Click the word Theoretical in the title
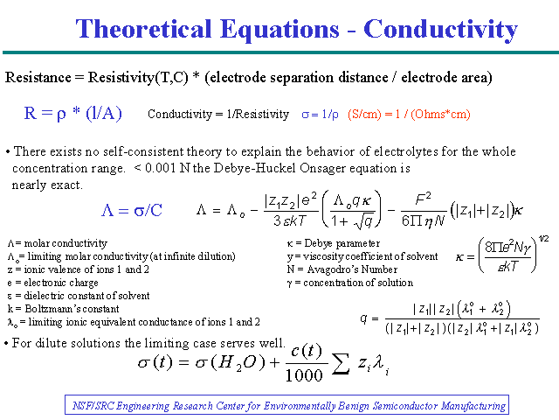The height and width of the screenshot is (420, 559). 143,29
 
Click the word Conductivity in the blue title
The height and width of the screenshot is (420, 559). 440,30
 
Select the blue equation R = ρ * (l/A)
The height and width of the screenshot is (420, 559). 73,114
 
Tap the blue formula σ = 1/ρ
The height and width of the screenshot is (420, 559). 320,115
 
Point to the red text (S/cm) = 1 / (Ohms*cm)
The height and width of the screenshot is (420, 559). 409,115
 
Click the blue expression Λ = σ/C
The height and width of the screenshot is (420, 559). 132,210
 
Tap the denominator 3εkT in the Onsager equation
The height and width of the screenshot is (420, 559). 290,221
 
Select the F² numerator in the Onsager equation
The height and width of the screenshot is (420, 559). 423,199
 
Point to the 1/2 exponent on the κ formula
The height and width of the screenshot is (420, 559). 543,239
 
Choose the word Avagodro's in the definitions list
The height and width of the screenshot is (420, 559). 330,269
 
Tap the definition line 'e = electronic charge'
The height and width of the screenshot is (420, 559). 52,283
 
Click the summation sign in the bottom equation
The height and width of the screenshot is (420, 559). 341,364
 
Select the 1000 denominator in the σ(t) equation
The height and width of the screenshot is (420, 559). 304,375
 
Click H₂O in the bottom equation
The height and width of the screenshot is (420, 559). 242,364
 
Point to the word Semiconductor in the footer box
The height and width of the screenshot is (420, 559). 405,406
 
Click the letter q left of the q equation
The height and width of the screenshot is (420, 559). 363,318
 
